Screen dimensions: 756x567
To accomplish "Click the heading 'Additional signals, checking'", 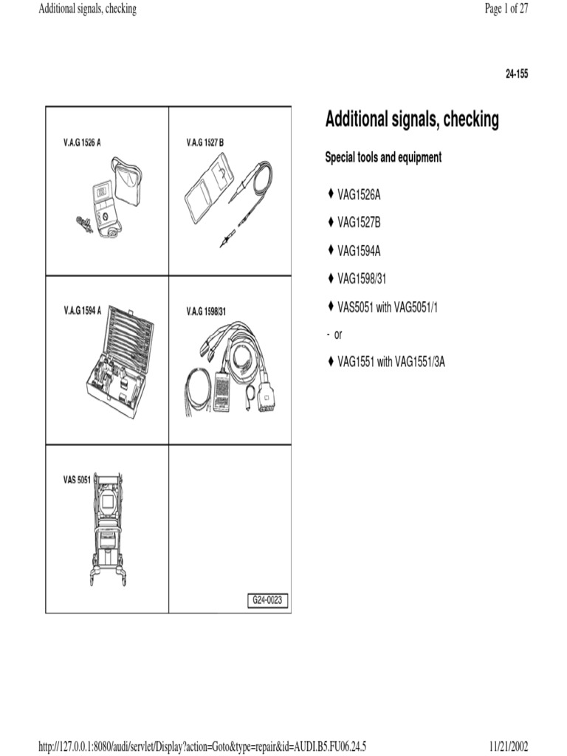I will click(412, 120).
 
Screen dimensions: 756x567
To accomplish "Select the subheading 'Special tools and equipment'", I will click(383, 158).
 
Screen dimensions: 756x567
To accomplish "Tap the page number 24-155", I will click(516, 75).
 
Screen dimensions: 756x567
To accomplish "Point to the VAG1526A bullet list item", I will click(359, 195).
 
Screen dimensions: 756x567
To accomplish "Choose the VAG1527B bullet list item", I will click(359, 222).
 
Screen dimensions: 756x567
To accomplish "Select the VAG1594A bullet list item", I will click(359, 250).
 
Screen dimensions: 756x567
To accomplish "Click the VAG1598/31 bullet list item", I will click(362, 278).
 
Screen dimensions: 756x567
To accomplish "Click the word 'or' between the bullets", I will click(338, 334).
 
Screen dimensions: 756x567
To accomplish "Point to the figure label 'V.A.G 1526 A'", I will click(82, 141).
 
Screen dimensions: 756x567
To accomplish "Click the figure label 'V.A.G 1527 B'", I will click(205, 141).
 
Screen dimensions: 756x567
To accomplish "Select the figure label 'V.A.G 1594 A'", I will click(82, 310).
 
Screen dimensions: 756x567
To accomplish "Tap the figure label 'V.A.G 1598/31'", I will click(206, 312).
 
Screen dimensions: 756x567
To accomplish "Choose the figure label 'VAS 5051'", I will click(76, 480).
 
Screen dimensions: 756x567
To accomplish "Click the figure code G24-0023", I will click(267, 601).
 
